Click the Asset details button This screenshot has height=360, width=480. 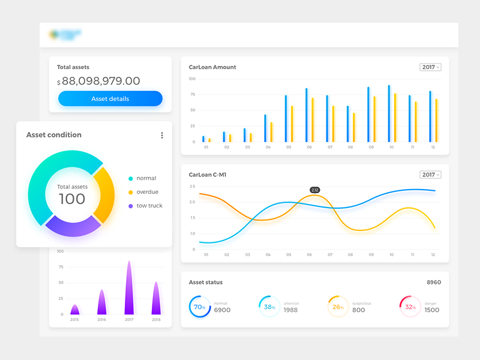[110, 98]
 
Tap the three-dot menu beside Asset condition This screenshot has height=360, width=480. [162, 136]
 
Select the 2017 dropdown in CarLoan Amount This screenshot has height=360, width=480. [430, 67]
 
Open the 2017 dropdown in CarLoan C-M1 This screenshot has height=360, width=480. [430, 175]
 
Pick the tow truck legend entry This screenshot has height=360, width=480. [149, 206]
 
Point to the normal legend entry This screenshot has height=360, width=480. [146, 178]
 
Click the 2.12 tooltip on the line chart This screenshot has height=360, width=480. [315, 190]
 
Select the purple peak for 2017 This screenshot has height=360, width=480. [128, 288]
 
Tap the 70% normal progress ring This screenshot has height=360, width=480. [199, 307]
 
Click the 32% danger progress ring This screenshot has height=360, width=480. [410, 307]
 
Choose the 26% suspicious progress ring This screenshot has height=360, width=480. [338, 307]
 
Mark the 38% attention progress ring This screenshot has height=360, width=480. [269, 307]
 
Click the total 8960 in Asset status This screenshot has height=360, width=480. [433, 282]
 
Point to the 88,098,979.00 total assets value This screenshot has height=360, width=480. [101, 81]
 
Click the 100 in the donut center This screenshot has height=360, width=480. [72, 199]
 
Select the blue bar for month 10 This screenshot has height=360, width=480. [389, 113]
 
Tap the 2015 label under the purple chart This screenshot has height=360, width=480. [74, 320]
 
